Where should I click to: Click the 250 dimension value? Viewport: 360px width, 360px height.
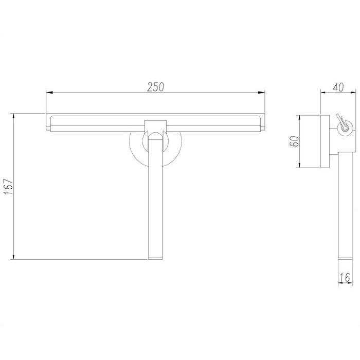[155, 87]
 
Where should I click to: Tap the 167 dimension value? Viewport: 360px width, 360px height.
[9, 187]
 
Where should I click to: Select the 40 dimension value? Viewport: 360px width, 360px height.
[338, 87]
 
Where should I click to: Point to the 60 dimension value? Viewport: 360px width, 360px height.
[295, 141]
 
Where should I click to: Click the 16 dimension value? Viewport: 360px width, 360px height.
[345, 278]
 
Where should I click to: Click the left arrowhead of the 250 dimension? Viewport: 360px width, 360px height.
[49, 93]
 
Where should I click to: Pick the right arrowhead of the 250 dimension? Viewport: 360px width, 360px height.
[261, 93]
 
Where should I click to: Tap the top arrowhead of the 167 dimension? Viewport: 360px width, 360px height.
[14, 117]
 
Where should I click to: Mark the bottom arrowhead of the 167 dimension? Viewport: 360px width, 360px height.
[14, 256]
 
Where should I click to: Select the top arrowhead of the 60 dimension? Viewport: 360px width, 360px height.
[299, 119]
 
